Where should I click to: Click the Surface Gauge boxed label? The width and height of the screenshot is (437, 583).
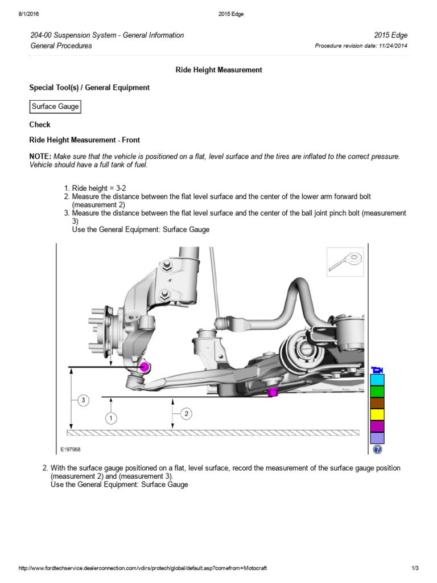tap(55, 106)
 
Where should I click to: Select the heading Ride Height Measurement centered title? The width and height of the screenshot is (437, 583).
tap(218, 69)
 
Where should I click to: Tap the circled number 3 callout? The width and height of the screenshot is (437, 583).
tap(83, 401)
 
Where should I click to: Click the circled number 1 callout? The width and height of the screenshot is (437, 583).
tap(110, 418)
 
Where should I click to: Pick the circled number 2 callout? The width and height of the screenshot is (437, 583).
tap(186, 414)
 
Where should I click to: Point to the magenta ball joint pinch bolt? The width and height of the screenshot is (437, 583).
tap(145, 367)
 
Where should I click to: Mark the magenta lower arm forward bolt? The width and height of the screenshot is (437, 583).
tap(273, 392)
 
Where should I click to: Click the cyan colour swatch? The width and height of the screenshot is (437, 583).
tap(377, 380)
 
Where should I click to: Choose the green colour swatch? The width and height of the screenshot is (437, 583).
tap(377, 392)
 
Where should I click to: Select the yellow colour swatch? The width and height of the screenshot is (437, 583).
tap(377, 415)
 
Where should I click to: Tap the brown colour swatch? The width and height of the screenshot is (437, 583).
tap(377, 403)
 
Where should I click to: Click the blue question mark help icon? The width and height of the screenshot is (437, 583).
tap(377, 450)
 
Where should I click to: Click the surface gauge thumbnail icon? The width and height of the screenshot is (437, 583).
tap(345, 262)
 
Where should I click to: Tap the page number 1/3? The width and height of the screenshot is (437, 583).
tap(415, 568)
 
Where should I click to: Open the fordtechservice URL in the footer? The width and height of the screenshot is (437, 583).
tap(143, 568)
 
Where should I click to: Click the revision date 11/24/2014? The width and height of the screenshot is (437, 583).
tap(391, 46)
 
